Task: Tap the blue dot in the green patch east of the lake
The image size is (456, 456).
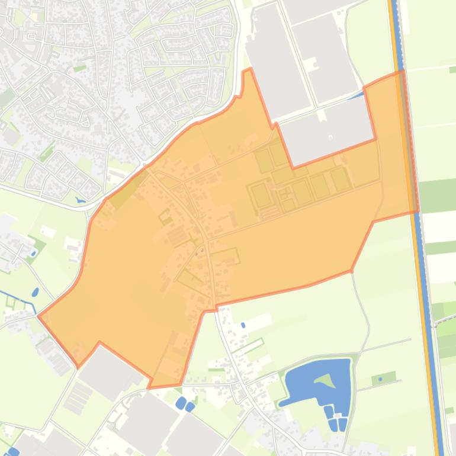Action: [x=380, y=378]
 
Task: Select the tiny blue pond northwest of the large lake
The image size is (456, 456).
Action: [x=243, y=325]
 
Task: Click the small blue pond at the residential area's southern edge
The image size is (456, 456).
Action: [x=81, y=200]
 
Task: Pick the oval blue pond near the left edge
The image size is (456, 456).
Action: [x=36, y=293]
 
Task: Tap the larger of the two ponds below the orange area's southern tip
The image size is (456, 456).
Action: [x=181, y=403]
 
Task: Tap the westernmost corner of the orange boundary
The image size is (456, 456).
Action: [x=38, y=316]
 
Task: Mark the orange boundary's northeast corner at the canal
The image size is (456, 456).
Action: [x=402, y=72]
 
